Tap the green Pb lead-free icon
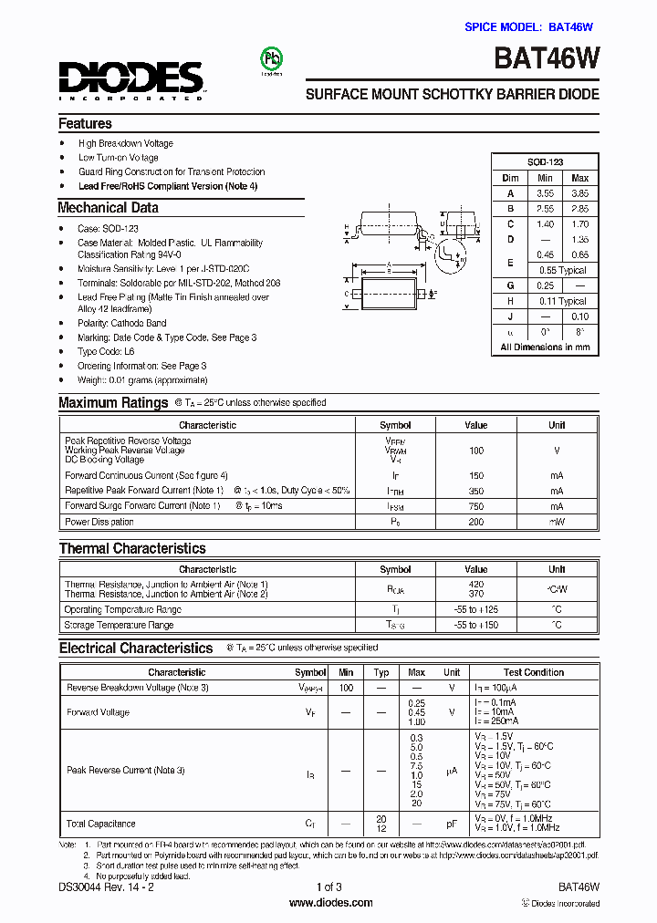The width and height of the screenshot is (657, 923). coord(272,59)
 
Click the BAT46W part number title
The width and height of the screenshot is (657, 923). coord(547,59)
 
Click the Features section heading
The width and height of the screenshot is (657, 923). coord(85,124)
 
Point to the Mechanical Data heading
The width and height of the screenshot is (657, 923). coord(108,208)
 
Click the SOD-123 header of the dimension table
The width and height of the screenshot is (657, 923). coord(545,162)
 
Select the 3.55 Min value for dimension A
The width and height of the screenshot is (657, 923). coord(545,193)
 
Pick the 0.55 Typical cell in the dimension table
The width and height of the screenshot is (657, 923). coord(562,271)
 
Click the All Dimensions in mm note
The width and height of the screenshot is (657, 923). coord(545,347)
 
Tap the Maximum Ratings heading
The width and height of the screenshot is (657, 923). coord(113,403)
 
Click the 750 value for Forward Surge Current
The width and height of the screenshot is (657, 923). coord(475,506)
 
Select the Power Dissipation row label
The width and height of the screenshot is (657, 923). coord(99,522)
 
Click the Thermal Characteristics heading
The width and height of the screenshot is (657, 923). coord(132,549)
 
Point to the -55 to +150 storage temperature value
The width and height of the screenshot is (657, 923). coord(475,625)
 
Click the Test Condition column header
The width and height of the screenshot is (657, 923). coord(533,672)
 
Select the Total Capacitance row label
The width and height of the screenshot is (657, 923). coord(100,824)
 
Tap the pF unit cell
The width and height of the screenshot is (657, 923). coord(451,824)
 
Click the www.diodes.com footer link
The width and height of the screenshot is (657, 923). coord(330,903)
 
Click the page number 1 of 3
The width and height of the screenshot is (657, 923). coord(328,887)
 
